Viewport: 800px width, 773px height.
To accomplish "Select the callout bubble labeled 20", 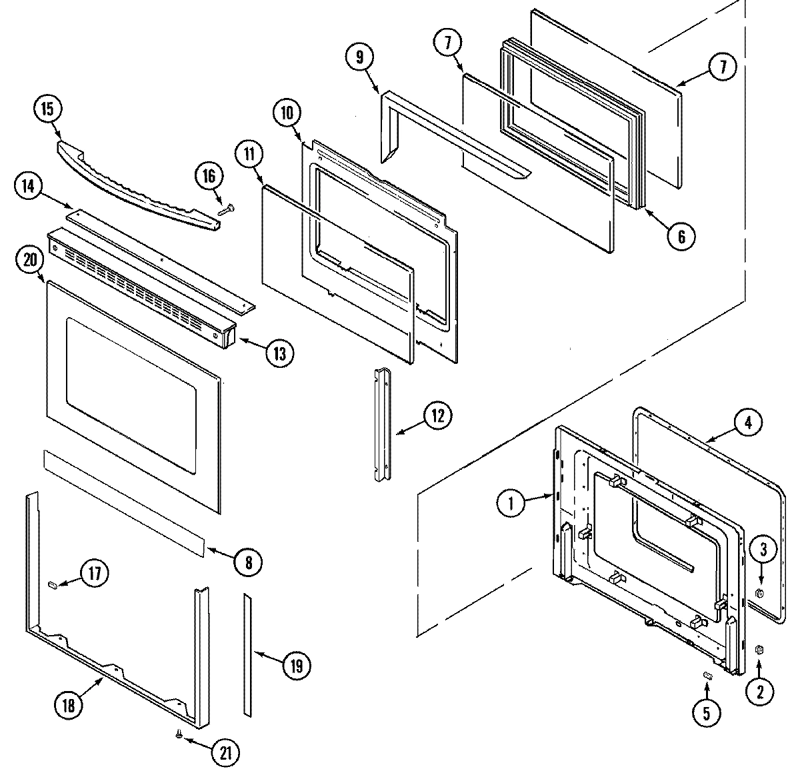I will [29, 261].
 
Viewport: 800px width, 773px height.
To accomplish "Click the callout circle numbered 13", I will [279, 353].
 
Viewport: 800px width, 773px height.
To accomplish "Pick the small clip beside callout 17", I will [53, 584].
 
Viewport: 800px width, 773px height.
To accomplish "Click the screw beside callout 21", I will [179, 734].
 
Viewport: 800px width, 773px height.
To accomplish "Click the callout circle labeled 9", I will [360, 57].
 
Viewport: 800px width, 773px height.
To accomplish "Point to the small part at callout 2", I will [759, 650].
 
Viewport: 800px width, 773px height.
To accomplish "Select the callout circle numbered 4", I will [748, 422].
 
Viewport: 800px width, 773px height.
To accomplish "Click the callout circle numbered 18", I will [69, 704].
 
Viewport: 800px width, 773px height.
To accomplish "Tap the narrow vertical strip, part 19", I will [247, 656].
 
